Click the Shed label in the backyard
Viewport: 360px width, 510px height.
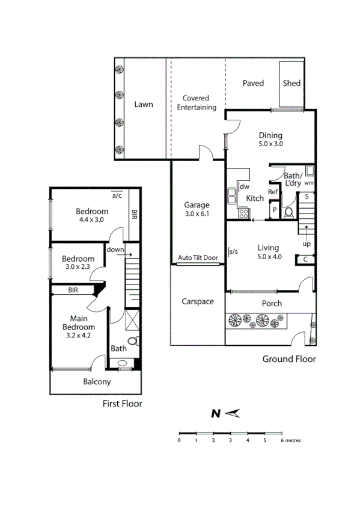pyautogui.click(x=291, y=83)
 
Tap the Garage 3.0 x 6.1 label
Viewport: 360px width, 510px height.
pyautogui.click(x=197, y=209)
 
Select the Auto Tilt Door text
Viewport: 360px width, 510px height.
pyautogui.click(x=197, y=258)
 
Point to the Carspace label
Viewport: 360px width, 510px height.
pyautogui.click(x=197, y=301)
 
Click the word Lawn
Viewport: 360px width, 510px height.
pyautogui.click(x=143, y=104)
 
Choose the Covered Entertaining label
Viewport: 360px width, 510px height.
pyautogui.click(x=199, y=103)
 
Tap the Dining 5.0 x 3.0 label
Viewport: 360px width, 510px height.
pyautogui.click(x=270, y=140)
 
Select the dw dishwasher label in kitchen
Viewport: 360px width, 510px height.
pyautogui.click(x=245, y=187)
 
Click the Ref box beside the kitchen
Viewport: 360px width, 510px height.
pyautogui.click(x=273, y=192)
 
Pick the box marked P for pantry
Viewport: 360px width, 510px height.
pyautogui.click(x=274, y=210)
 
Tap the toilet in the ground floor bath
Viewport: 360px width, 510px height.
pyautogui.click(x=288, y=212)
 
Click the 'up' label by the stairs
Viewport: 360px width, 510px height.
pyautogui.click(x=307, y=244)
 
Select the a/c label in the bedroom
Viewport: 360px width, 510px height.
pyautogui.click(x=117, y=195)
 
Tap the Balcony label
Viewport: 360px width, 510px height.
pyautogui.click(x=97, y=382)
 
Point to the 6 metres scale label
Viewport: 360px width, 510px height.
pyautogui.click(x=291, y=440)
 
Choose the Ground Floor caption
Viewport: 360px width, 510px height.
pyautogui.click(x=289, y=359)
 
